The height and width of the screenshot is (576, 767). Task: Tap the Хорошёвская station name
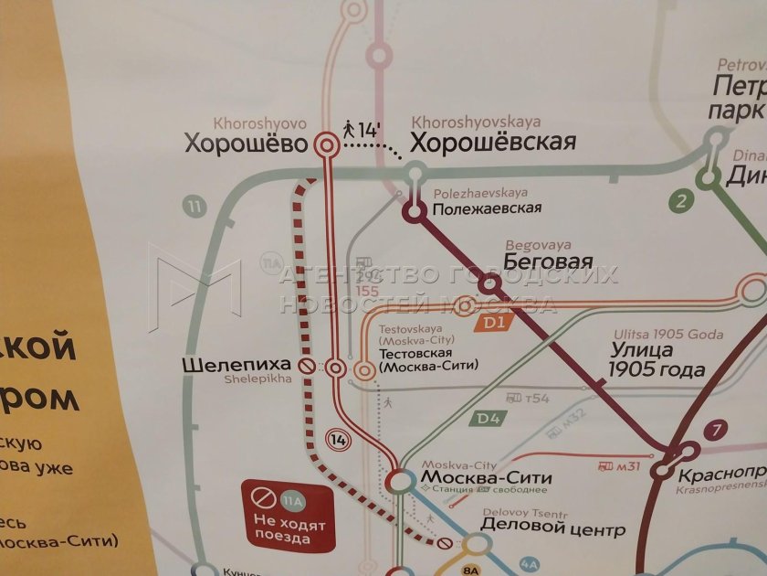(x=493, y=143)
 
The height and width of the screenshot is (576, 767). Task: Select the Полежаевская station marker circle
(x=415, y=212)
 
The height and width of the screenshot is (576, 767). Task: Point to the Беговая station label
(x=548, y=262)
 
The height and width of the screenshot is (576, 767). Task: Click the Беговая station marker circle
(x=488, y=285)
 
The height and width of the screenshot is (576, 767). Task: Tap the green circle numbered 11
(x=193, y=206)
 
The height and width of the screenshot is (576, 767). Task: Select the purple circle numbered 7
(x=718, y=429)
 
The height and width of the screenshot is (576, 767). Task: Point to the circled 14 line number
(x=340, y=440)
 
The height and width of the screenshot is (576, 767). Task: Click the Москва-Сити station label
(x=486, y=477)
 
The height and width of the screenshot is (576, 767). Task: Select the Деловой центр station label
(x=540, y=528)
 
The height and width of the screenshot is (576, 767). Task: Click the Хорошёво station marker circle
(x=325, y=144)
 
